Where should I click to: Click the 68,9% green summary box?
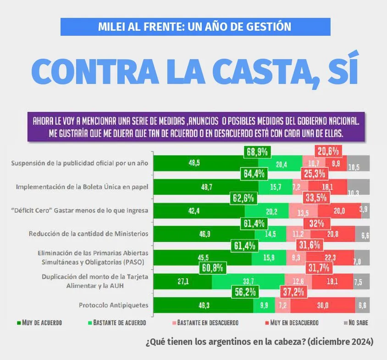[x=256, y=151]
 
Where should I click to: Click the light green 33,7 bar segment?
[x=248, y=281]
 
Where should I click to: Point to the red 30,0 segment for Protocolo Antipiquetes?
[x=322, y=305]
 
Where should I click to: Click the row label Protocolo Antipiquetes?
[x=113, y=305]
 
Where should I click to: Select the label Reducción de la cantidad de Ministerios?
[x=88, y=233]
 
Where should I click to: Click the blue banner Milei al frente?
[x=195, y=27]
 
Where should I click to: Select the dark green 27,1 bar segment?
[x=182, y=281]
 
